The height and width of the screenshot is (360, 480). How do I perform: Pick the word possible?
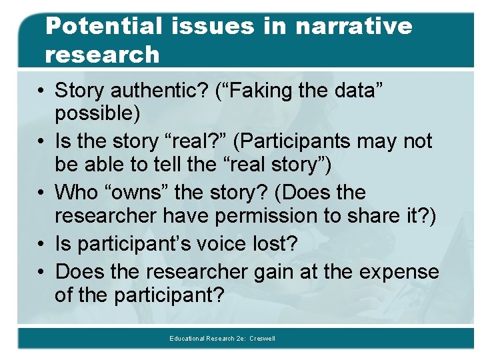pos(97,114)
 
